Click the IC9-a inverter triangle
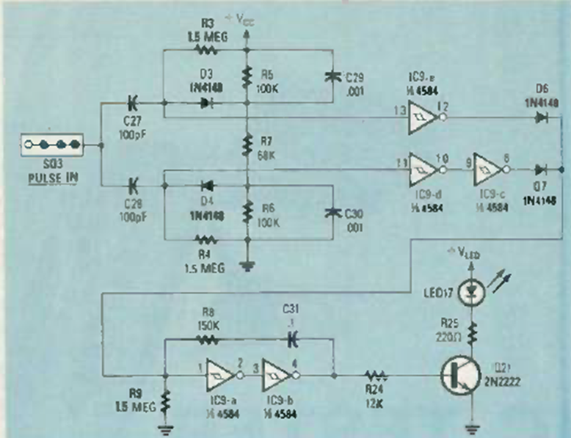click(217, 376)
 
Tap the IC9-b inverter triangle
click(280, 376)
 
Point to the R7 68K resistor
click(247, 149)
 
